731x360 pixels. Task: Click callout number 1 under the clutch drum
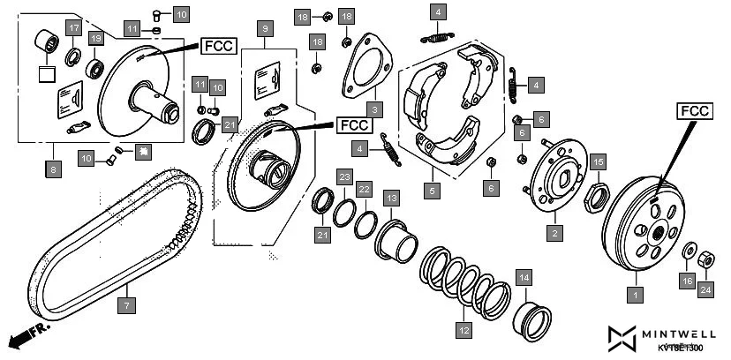(632, 291)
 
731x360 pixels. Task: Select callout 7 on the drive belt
(126, 305)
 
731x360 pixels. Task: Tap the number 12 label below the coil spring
(463, 331)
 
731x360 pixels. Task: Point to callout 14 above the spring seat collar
(524, 278)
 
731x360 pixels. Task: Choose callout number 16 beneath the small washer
(687, 281)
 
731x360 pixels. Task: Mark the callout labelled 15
(598, 161)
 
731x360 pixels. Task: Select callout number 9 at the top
(264, 29)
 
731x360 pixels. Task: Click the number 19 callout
(96, 38)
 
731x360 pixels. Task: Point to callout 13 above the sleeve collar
(390, 198)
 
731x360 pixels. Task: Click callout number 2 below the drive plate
(554, 233)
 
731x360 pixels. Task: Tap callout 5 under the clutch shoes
(432, 189)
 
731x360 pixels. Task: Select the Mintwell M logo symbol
(622, 336)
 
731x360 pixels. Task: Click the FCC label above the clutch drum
(695, 112)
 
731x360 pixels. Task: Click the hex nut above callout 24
(706, 260)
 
